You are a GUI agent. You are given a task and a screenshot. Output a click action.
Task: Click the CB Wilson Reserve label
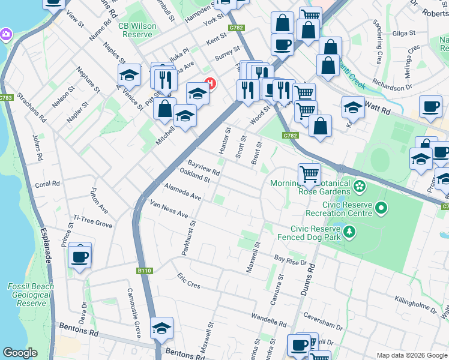[x=137, y=30]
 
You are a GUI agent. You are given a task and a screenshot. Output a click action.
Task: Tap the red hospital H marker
[x=209, y=82]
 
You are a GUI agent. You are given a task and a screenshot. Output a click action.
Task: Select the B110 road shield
[x=143, y=271]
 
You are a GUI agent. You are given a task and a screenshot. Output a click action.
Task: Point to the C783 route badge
[x=7, y=98]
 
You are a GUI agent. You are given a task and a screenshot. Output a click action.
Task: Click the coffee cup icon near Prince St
[x=80, y=257]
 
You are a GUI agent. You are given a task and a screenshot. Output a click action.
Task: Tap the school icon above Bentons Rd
[x=161, y=329]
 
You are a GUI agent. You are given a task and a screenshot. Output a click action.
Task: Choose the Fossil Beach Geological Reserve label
[x=31, y=295]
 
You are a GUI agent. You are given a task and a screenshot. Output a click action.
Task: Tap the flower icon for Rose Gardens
[x=360, y=186]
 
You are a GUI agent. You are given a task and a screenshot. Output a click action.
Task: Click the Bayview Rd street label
[x=204, y=167]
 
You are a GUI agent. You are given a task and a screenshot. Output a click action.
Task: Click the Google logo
[x=20, y=353]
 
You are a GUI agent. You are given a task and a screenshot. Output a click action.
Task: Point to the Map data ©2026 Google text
[x=411, y=355]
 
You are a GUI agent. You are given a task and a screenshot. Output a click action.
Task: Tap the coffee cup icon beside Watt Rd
[x=430, y=107]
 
